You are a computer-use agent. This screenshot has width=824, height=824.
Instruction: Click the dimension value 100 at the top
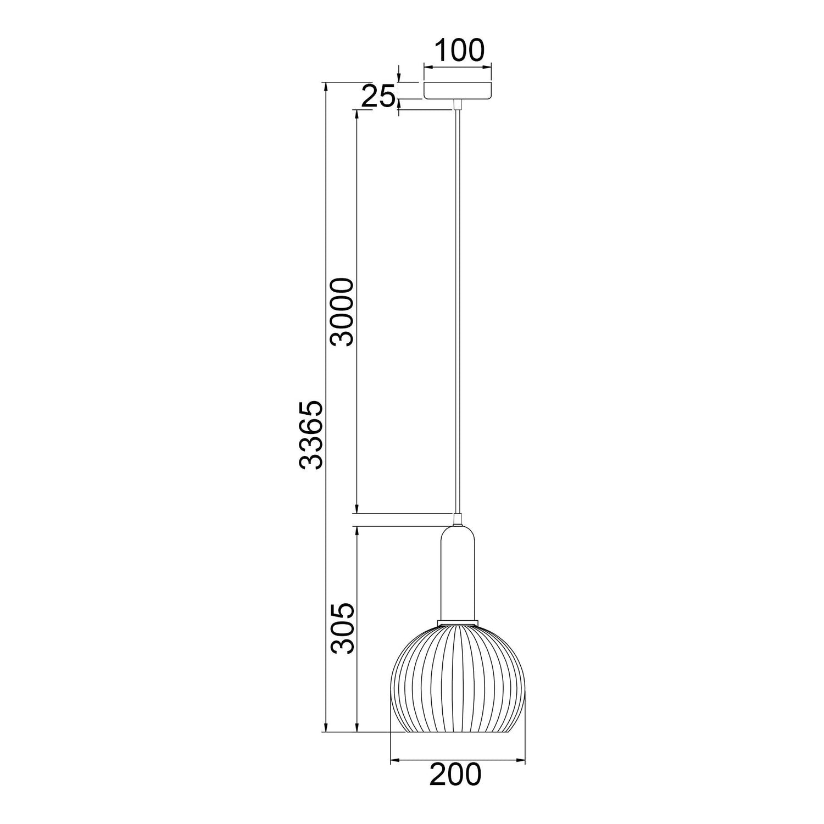460,50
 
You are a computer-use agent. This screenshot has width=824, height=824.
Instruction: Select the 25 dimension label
378,97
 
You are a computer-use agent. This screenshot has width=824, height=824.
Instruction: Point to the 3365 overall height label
309,435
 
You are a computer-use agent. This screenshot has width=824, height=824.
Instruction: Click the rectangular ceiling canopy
457,91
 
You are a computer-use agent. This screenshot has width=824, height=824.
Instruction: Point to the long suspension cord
457,312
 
